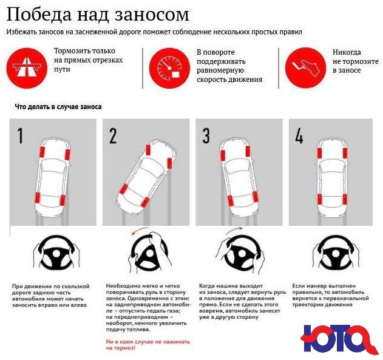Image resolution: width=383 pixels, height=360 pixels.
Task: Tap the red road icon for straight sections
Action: click(25, 65)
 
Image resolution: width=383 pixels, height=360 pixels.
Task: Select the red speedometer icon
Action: click(166, 65)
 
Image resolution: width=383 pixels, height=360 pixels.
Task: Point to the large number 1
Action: click(20, 136)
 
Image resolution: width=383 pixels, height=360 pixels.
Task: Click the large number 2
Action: click(113, 136)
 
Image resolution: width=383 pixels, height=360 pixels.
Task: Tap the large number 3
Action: click(206, 136)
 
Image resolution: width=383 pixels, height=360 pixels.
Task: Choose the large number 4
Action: click(299, 136)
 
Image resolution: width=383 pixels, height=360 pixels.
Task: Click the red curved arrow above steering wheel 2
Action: click(144, 231)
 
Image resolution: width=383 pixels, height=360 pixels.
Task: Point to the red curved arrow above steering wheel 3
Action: click(234, 231)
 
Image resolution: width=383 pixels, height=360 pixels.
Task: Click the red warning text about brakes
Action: click(148, 345)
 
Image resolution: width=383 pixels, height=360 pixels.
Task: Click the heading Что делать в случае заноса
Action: click(58, 107)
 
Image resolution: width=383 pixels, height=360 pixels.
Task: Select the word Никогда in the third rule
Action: click(347, 52)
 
